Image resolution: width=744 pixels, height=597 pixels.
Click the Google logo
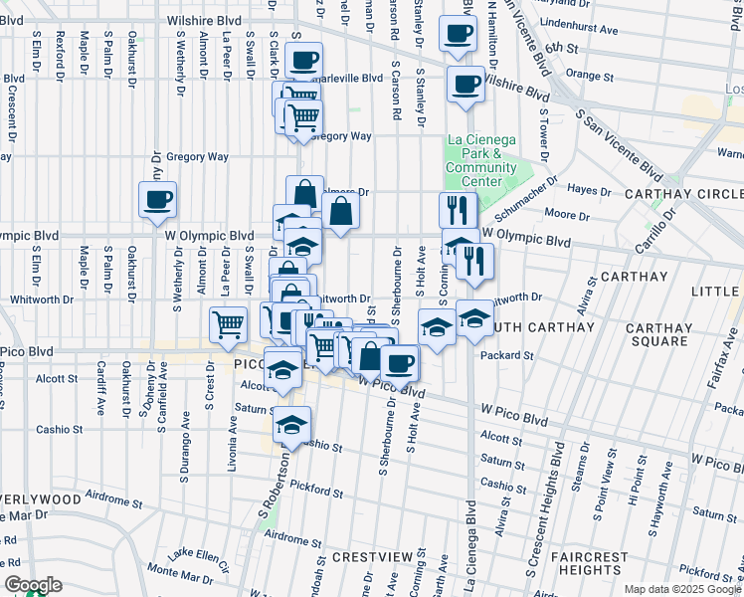pos(33,585)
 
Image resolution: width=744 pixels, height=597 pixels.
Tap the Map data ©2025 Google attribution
pos(681,589)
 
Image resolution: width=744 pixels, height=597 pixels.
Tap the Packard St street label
pos(507,354)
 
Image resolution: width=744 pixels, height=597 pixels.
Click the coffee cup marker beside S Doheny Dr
pos(158,200)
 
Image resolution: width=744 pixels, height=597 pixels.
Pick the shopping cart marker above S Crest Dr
pos(229,323)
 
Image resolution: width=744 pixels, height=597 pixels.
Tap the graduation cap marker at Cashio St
pos(291,425)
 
